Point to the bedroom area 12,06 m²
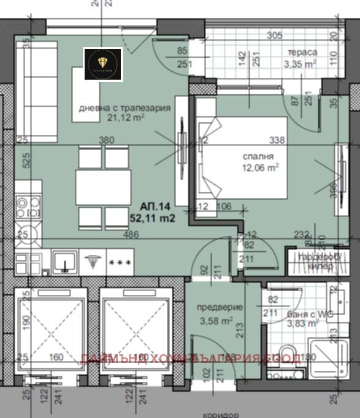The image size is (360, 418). pos(259,166)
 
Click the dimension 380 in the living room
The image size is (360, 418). pos(107,140)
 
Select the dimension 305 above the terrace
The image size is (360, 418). pos(275,35)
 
